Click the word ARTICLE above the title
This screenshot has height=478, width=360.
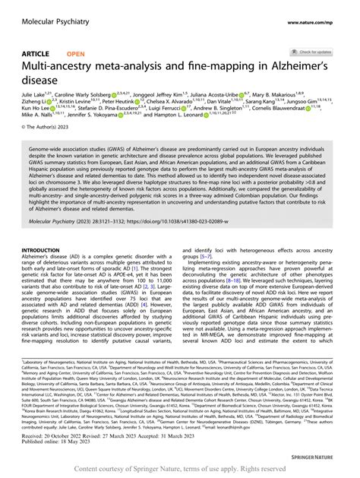[x=36, y=55]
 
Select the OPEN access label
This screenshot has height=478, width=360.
[x=75, y=55]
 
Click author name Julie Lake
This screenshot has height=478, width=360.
[x=33, y=97]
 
